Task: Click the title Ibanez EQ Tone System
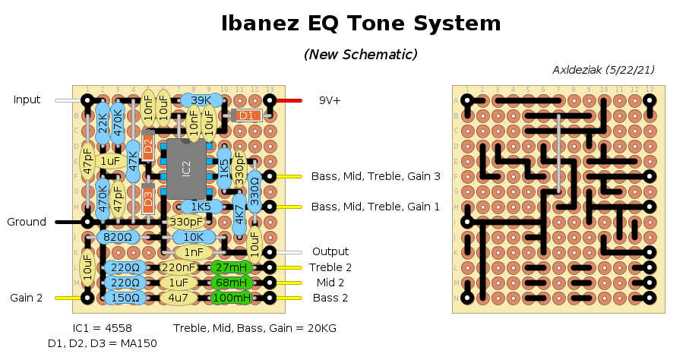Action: point(361,24)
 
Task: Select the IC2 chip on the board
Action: point(187,168)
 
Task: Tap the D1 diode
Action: point(245,115)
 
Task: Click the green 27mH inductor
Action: point(232,267)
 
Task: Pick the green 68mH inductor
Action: point(232,283)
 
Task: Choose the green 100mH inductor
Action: point(232,298)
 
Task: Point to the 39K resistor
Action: point(201,100)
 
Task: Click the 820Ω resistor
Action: point(118,237)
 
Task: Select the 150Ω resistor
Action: point(125,298)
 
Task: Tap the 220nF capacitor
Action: point(179,267)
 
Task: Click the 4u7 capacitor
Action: point(179,298)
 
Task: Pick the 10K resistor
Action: point(194,237)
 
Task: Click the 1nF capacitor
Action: point(194,252)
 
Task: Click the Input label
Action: point(27,99)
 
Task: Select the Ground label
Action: point(27,222)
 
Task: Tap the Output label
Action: point(330,251)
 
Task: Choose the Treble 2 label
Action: point(330,267)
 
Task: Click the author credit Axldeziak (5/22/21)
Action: point(603,70)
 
